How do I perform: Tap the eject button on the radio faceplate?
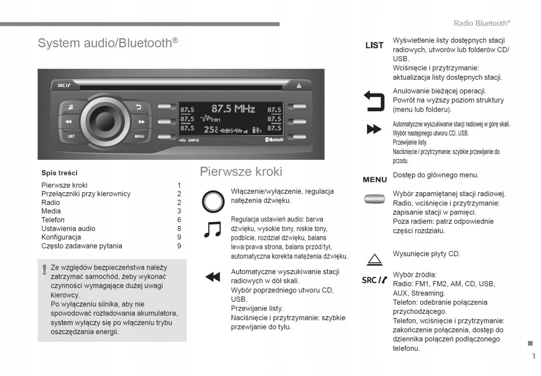(298, 86)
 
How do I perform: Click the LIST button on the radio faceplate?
(71, 136)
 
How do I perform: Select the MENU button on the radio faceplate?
(139, 136)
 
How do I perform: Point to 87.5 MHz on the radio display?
(233, 109)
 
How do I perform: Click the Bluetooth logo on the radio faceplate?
(273, 140)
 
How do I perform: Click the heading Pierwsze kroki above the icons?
(241, 172)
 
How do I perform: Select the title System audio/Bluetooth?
(108, 43)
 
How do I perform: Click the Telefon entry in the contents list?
(53, 220)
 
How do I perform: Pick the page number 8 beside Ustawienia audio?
(179, 228)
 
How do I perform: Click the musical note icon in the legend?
(212, 229)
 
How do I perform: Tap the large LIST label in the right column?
(374, 45)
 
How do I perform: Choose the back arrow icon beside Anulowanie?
(374, 100)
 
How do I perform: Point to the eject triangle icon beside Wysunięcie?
(374, 259)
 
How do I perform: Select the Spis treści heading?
(59, 172)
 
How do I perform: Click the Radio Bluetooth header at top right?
(481, 23)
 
